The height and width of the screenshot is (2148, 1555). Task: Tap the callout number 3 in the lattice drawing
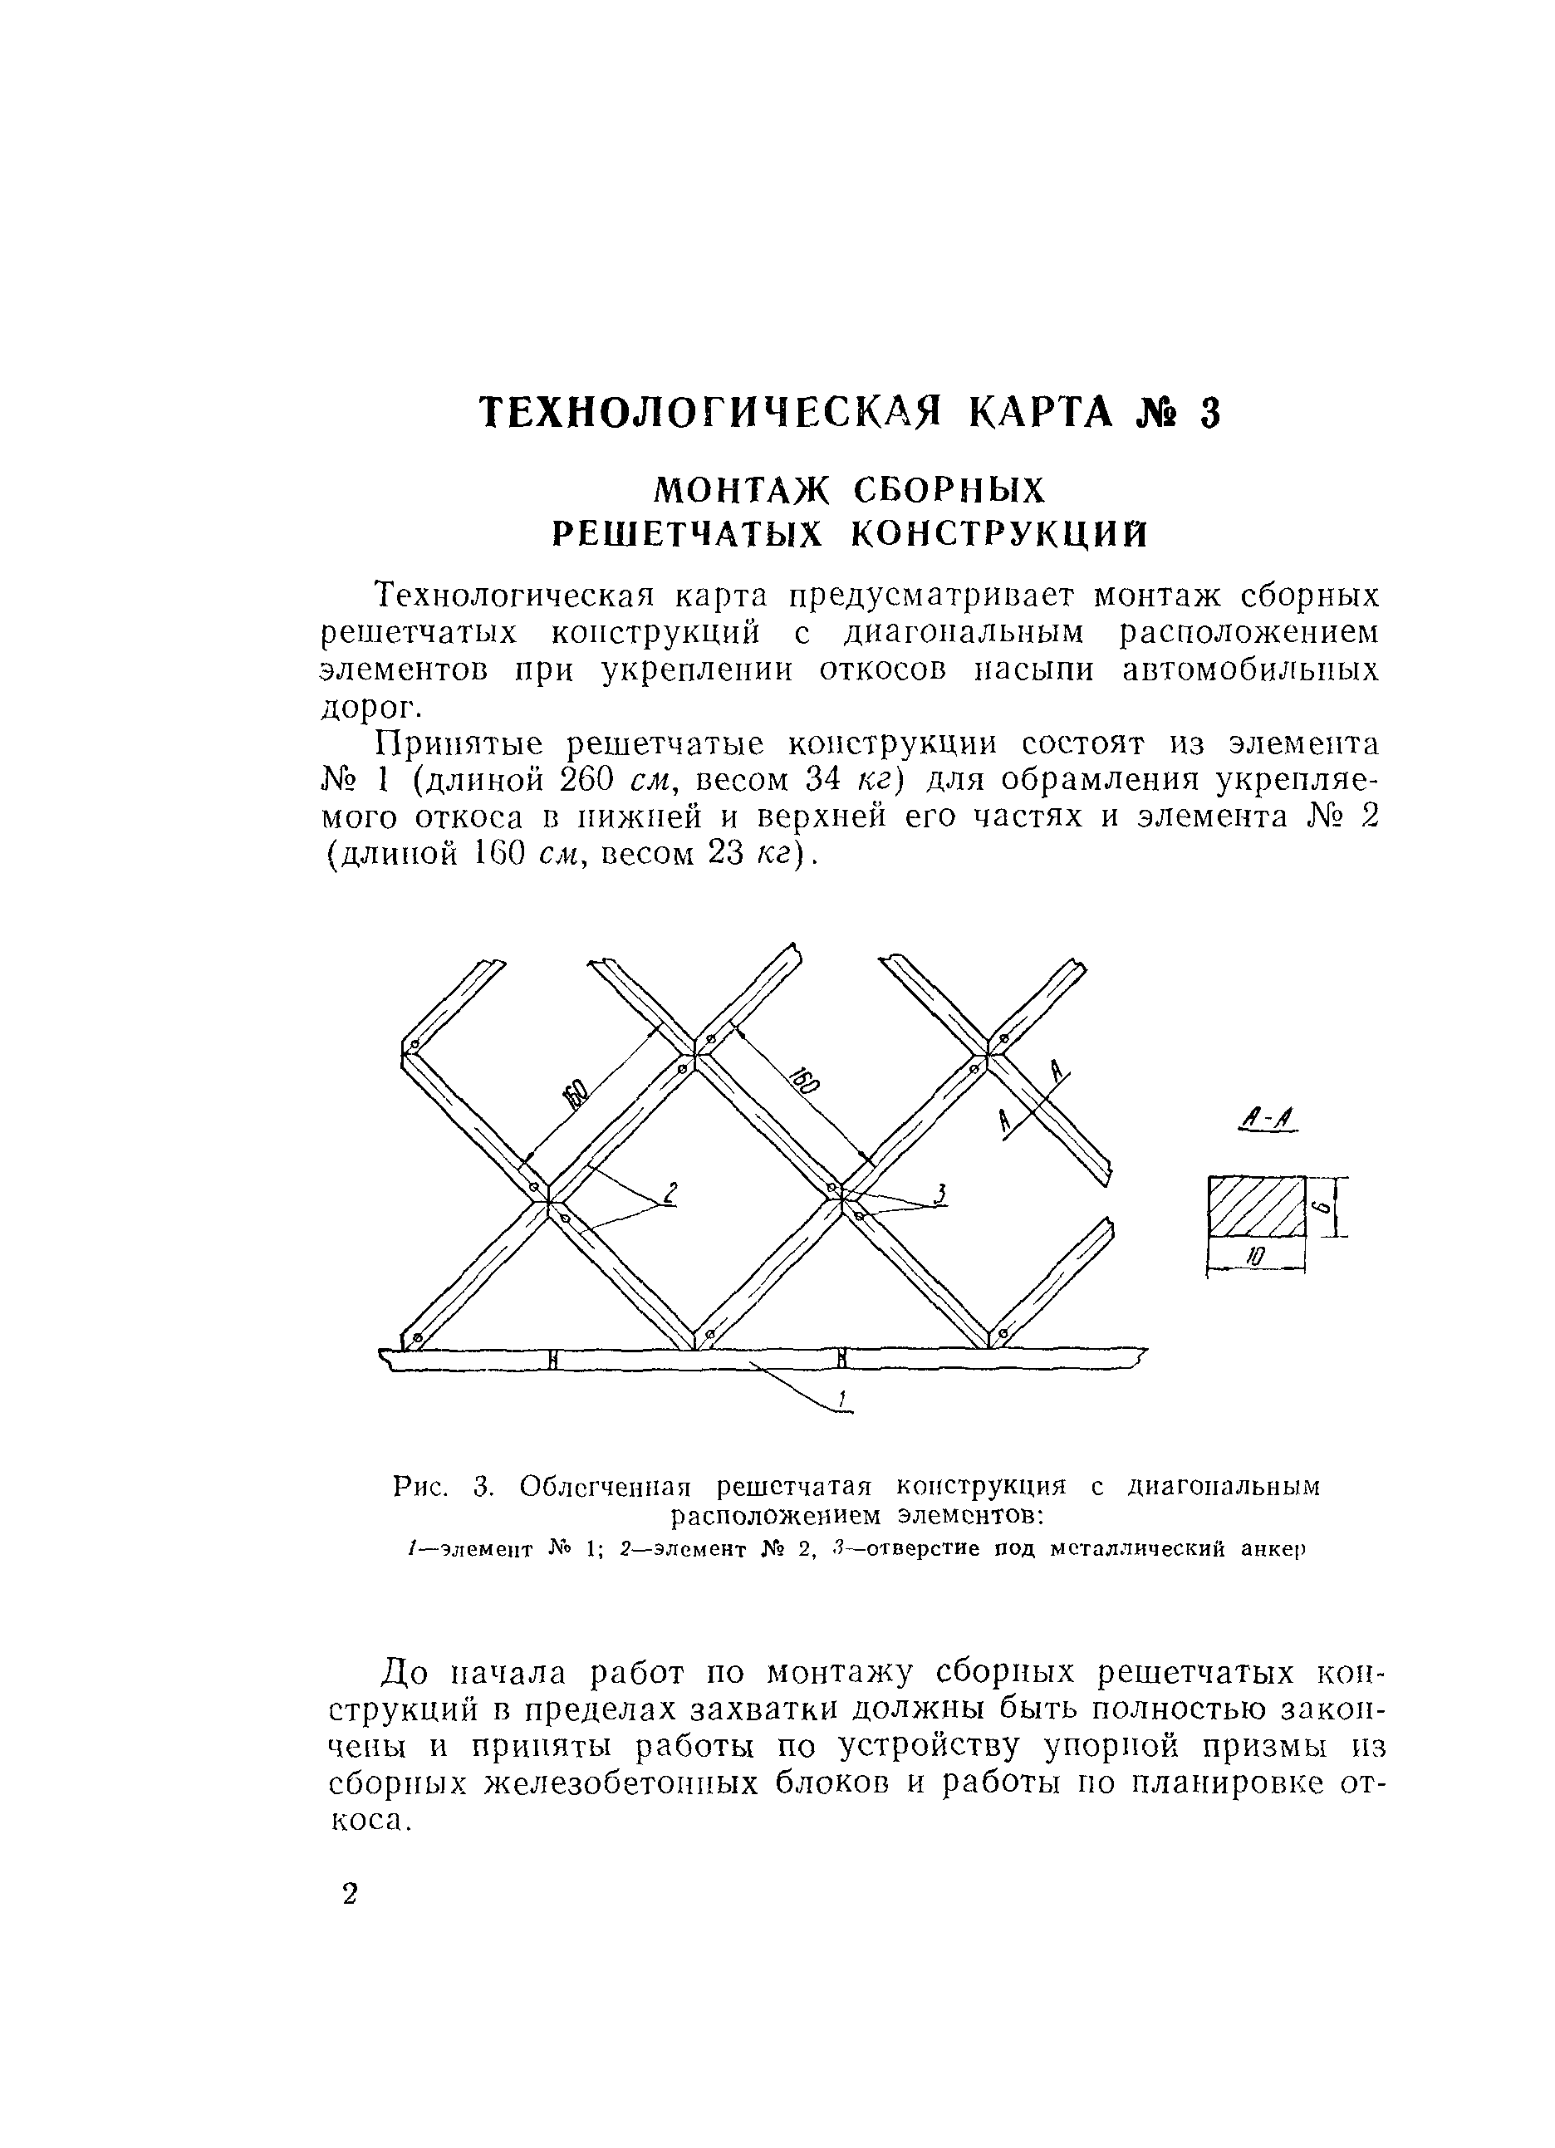[939, 1195]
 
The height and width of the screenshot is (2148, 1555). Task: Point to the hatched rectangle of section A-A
[1256, 1205]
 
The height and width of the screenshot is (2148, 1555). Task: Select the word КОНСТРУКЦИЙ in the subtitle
[1000, 535]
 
